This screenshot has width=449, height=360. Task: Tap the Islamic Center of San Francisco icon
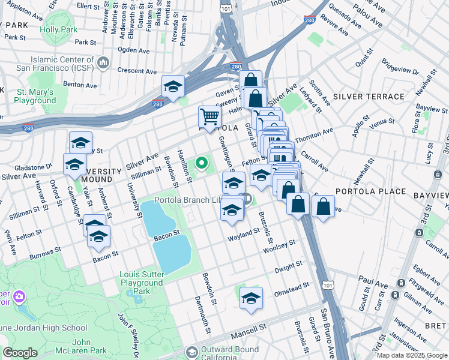103,62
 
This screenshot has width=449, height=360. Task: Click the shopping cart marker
209,116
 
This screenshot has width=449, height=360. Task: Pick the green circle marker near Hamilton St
202,162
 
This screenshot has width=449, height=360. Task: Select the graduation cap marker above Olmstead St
251,298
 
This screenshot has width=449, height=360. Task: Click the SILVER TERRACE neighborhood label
369,97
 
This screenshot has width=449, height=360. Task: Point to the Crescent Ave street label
137,70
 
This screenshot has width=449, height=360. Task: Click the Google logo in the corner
20,353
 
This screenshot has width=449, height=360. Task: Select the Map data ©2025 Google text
412,355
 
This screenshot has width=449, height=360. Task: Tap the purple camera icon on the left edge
19,297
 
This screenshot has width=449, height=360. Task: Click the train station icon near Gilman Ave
394,296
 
